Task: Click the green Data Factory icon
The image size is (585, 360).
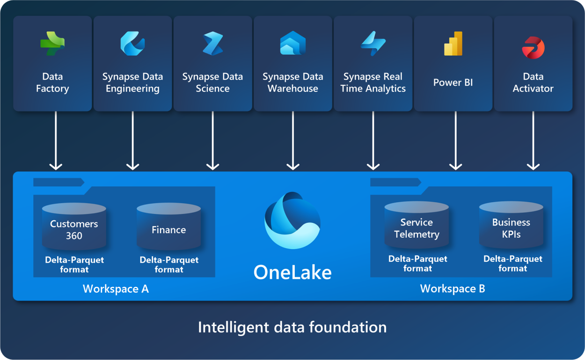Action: tap(52, 44)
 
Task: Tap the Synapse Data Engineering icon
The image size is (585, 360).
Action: tap(132, 44)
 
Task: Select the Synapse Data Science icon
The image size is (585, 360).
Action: tap(213, 44)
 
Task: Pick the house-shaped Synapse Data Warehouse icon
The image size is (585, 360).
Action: tap(293, 43)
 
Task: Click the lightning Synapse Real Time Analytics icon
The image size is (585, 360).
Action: tap(373, 44)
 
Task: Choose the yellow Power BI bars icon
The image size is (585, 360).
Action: tap(453, 44)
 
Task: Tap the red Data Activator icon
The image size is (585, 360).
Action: tap(533, 48)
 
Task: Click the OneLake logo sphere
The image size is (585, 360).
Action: tap(292, 220)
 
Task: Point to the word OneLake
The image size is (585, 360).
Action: tap(292, 272)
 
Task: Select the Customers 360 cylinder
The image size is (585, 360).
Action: tap(74, 226)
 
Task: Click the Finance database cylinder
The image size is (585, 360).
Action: tap(168, 226)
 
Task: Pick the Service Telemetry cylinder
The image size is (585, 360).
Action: tap(417, 225)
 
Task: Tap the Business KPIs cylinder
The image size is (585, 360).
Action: tap(511, 225)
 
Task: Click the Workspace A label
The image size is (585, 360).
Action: tap(116, 289)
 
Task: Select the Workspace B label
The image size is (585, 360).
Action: tap(453, 289)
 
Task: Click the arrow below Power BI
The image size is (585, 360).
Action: tap(456, 141)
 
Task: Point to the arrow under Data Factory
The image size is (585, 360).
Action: tap(56, 141)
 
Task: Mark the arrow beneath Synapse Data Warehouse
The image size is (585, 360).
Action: tap(293, 141)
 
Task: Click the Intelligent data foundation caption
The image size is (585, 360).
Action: tap(292, 327)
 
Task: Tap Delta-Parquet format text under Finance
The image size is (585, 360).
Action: tap(169, 264)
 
